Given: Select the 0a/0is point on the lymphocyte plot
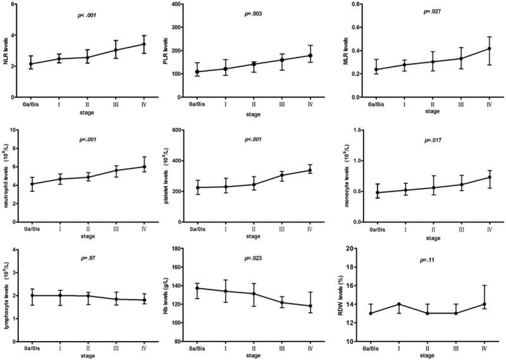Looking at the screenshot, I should pos(33,295).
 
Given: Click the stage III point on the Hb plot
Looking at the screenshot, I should pos(281,302).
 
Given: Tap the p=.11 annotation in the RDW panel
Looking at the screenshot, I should pos(431,259).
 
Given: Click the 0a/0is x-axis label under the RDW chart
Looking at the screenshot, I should pos(369,349).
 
